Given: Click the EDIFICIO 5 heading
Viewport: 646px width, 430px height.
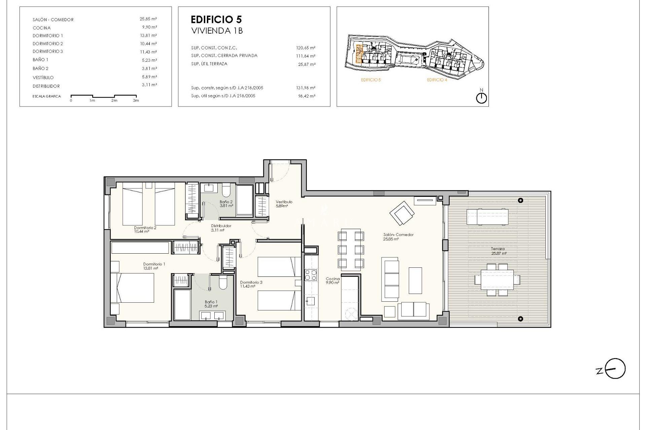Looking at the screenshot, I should tap(216, 19).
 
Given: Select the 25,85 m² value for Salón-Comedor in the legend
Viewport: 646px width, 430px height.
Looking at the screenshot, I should tap(148, 19).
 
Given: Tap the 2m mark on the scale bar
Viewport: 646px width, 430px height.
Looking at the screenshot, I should tap(114, 100).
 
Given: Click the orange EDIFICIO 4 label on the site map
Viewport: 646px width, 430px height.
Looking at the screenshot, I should tap(437, 80).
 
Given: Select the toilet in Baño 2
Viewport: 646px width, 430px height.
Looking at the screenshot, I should tap(225, 190).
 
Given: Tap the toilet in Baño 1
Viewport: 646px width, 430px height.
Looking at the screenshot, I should tap(223, 283).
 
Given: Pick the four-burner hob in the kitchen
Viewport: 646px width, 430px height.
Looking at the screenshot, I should tap(311, 275).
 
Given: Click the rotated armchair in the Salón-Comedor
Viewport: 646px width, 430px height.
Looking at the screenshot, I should tap(402, 213).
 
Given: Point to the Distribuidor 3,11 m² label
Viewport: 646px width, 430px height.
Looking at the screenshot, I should tap(221, 228).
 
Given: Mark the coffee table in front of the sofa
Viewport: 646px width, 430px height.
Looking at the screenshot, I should tap(415, 281).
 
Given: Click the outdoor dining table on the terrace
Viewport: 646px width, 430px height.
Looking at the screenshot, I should tap(497, 279).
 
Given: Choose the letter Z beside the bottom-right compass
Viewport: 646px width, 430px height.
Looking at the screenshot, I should tap(599, 371).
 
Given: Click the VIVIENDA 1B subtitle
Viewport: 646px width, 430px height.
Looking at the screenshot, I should tap(217, 31).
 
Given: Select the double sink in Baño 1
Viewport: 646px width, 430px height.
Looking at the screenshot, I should tap(212, 315).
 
